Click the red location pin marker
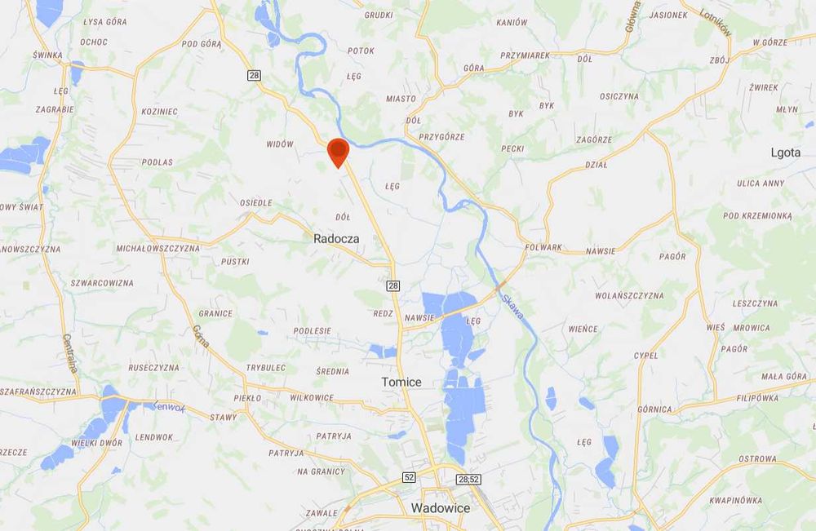(338, 153)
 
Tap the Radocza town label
(337, 240)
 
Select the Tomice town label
(401, 382)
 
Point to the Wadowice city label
(441, 507)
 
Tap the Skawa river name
(513, 308)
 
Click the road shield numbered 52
(409, 477)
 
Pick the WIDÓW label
(280, 144)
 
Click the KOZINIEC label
(159, 111)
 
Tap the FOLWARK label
(543, 247)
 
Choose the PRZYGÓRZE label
(441, 137)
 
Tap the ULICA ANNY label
(761, 183)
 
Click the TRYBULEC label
(266, 368)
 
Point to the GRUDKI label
(379, 15)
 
